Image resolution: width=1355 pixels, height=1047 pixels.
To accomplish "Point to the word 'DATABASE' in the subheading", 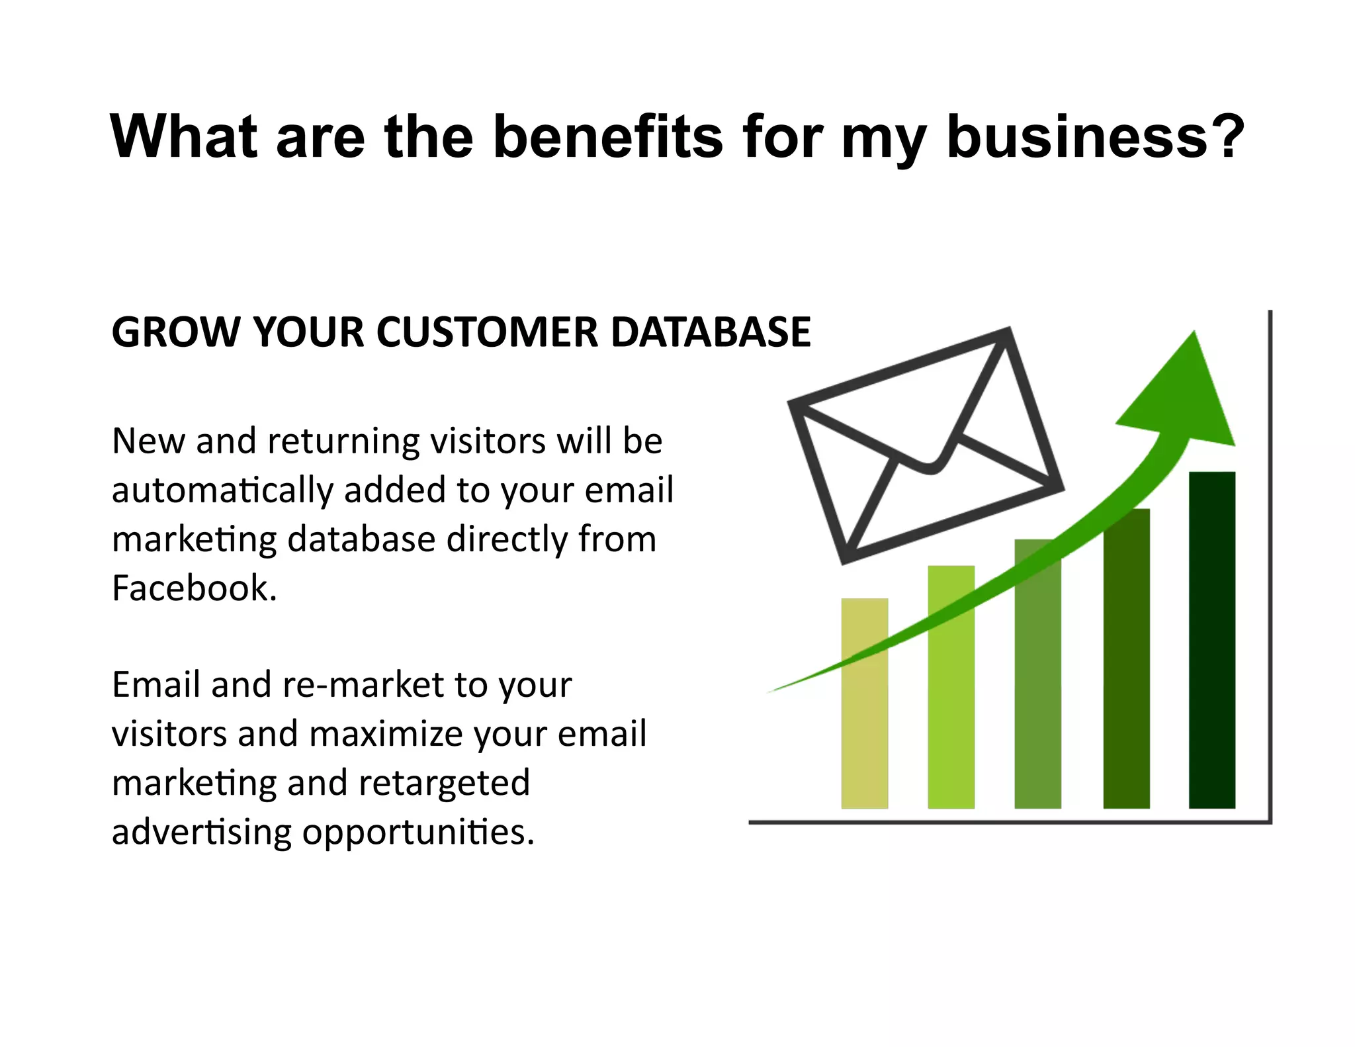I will [711, 332].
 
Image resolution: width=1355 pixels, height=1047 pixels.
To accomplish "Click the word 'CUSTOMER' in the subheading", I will [488, 332].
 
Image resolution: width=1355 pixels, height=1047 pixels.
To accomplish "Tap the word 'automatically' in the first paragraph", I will [222, 491].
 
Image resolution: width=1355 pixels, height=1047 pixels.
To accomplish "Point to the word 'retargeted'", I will [444, 783].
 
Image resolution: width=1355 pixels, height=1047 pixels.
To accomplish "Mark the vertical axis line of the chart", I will [1270, 563].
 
